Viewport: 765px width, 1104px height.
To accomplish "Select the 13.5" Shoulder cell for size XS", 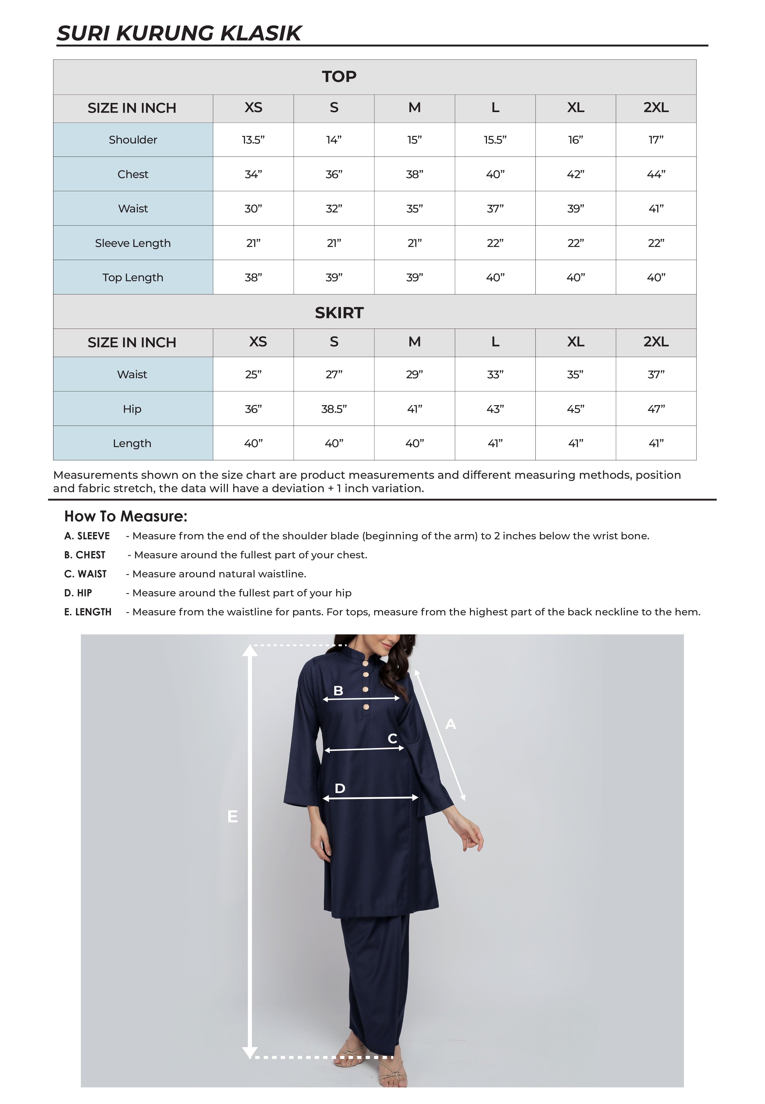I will tap(253, 140).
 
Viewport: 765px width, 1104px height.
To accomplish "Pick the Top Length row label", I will tap(133, 278).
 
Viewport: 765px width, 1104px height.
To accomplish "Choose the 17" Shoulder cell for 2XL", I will tap(656, 140).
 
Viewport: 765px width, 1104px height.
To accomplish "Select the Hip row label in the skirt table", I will tap(132, 409).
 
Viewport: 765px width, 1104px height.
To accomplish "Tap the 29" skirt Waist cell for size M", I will tap(414, 374).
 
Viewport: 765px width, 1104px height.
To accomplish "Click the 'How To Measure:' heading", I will tap(126, 516).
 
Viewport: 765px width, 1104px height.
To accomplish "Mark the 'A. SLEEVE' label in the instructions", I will tap(87, 536).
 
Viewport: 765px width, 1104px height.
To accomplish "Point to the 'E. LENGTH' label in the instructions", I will tap(88, 612).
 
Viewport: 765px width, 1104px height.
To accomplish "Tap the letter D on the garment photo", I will tap(340, 788).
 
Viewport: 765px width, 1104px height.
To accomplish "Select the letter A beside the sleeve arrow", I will tap(450, 724).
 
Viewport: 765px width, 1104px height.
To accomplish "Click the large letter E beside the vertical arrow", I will tap(233, 816).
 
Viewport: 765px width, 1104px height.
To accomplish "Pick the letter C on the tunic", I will tap(392, 738).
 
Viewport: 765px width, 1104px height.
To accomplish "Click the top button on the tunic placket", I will tap(365, 664).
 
